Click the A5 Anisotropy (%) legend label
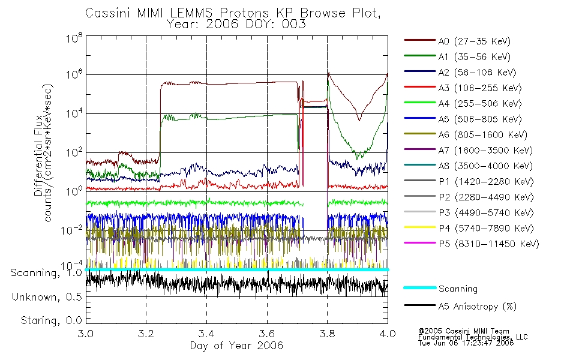tap(478, 307)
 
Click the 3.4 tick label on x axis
tap(206, 334)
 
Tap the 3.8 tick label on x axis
tap(327, 334)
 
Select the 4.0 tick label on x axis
tap(388, 334)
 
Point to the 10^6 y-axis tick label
tap(74, 75)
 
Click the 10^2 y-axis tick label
tap(74, 153)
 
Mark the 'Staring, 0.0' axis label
tap(51, 320)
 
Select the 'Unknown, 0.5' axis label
tap(47, 297)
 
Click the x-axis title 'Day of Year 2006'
tap(236, 346)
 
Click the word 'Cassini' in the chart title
tap(108, 13)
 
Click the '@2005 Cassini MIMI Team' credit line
tap(464, 331)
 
